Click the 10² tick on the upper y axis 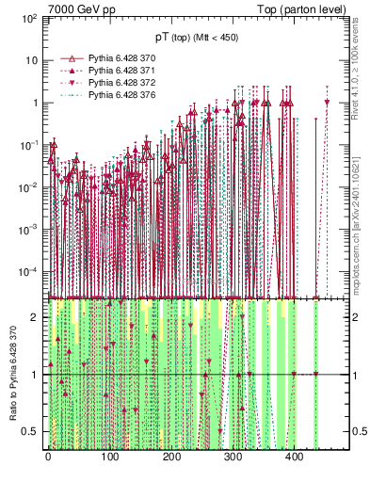tap(30, 18)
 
